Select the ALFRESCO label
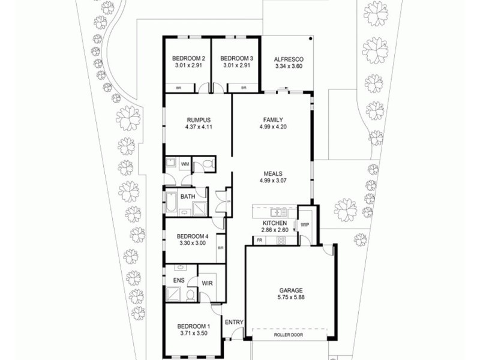(289, 59)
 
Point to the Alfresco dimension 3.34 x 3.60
(289, 67)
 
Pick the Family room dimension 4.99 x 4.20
(273, 127)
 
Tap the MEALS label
(273, 172)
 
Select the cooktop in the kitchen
(280, 241)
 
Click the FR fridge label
(259, 241)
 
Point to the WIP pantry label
(305, 225)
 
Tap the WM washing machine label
(185, 163)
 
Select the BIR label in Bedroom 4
(221, 248)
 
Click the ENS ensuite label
(179, 280)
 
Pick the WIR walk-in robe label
(208, 283)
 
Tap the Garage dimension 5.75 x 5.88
(290, 297)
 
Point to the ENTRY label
(234, 322)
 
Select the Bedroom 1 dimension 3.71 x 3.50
(193, 332)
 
